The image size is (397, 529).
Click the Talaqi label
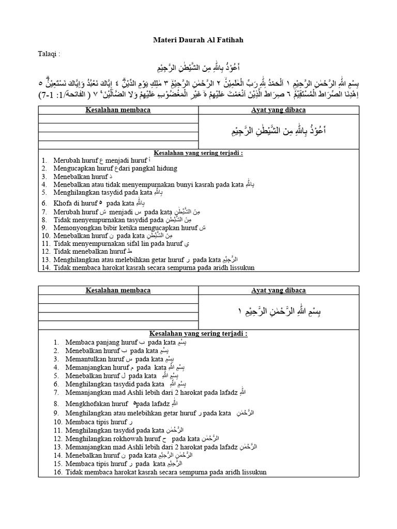tap(49, 54)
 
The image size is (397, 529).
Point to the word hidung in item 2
tap(165, 168)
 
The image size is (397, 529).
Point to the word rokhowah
tap(136, 439)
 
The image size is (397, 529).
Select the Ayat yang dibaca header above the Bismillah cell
tap(278, 290)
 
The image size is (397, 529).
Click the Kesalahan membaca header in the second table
tap(118, 290)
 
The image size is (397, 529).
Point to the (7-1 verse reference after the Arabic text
tap(49, 96)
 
